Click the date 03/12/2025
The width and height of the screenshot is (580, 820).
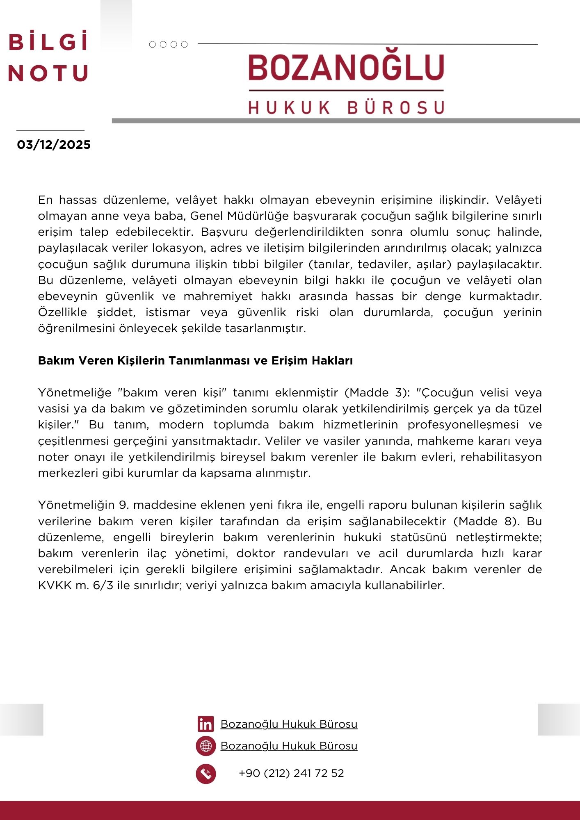[x=54, y=145]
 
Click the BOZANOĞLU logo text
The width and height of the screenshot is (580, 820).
[x=346, y=67]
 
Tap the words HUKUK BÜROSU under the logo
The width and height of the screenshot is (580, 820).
[x=346, y=107]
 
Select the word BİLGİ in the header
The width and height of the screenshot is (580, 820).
[x=48, y=42]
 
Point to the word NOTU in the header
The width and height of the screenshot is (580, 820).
[x=48, y=73]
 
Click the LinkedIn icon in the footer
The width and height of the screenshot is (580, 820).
[x=206, y=724]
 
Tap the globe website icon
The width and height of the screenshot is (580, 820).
[x=206, y=746]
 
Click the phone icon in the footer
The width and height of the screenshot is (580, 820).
[x=206, y=774]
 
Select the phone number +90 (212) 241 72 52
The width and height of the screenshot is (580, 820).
[x=291, y=773]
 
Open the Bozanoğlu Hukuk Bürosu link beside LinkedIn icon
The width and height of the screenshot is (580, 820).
[x=289, y=724]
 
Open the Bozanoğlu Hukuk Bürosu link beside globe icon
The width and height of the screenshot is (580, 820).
[x=289, y=746]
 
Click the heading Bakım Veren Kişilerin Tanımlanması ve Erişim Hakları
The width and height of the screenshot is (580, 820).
[x=195, y=361]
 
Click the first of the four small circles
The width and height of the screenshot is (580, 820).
[x=153, y=44]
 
